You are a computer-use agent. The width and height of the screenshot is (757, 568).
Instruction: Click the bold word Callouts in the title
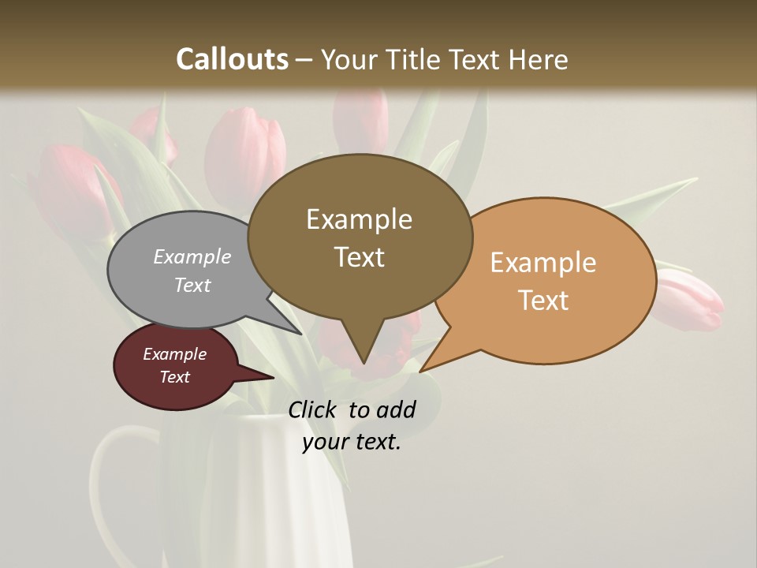click(232, 59)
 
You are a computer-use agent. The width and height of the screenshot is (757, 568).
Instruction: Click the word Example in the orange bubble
click(543, 263)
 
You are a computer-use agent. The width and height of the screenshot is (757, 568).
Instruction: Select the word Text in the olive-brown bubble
click(360, 257)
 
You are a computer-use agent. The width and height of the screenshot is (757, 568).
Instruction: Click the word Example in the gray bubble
click(192, 256)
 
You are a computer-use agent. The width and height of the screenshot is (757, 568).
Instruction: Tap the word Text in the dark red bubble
click(175, 377)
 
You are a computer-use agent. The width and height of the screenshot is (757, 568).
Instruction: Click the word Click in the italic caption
click(313, 409)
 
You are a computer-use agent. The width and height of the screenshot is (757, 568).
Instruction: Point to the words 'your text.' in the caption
click(352, 442)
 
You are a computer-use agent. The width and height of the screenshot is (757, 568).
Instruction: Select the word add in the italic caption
click(396, 409)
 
